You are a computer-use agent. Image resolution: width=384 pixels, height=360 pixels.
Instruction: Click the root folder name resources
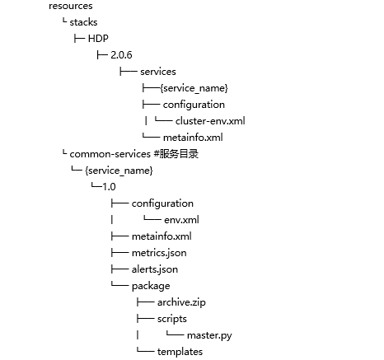71,6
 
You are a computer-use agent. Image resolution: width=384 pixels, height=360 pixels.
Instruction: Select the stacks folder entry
83,22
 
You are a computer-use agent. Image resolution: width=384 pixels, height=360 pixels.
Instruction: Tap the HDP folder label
98,39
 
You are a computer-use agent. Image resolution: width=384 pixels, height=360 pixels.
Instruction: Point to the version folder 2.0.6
121,55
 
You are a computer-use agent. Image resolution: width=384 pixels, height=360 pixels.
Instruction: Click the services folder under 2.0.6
158,72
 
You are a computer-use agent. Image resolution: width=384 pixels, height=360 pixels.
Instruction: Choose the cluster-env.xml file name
210,121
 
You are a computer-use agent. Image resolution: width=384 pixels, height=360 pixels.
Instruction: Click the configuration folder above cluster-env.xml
194,105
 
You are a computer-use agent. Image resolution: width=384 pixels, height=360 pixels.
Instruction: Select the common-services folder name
110,154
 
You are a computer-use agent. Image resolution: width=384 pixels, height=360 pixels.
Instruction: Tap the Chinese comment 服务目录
179,154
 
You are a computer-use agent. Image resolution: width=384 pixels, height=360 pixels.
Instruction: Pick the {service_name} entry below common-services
119,171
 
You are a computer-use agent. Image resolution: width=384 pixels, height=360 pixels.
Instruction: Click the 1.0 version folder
109,187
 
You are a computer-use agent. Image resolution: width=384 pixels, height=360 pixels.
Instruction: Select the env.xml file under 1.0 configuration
181,220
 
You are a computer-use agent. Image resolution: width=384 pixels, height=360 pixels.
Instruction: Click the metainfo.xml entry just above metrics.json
162,236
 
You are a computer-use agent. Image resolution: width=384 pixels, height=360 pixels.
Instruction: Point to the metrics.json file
159,253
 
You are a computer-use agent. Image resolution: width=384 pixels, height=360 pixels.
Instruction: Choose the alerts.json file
155,269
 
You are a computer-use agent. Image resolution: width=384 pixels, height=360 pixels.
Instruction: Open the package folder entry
151,287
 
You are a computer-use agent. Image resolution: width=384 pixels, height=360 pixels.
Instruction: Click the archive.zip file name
181,302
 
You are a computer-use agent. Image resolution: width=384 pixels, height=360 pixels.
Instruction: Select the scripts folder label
172,319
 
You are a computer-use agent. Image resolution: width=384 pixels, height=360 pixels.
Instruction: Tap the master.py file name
209,335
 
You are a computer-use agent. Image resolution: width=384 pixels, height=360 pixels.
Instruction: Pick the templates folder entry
180,352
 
